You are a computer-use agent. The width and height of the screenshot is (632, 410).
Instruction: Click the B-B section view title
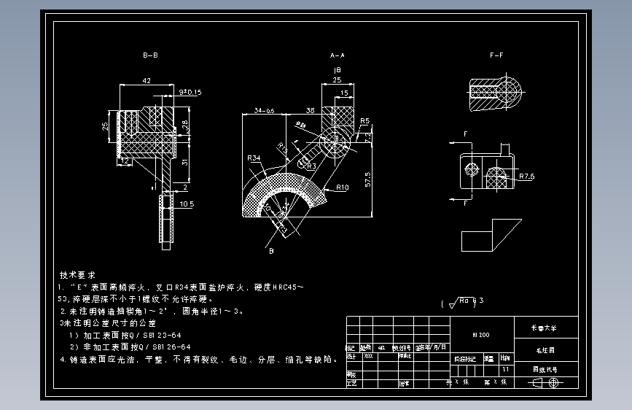(151, 55)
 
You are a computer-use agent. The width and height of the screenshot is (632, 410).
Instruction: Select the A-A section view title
(337, 55)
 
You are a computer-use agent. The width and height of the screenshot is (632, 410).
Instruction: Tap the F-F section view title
(497, 55)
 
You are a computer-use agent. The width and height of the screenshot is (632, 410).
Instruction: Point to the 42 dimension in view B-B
(147, 80)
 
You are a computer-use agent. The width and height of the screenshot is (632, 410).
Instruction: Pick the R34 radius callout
(254, 158)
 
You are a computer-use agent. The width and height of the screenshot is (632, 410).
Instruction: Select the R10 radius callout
(342, 187)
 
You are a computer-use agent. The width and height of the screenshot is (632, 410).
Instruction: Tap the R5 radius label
(364, 120)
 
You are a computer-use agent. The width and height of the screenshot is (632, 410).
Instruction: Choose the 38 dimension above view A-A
(310, 110)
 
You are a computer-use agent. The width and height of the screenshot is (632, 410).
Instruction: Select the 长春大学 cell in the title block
(547, 328)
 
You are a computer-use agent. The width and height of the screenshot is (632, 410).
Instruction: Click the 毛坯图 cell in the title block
(547, 349)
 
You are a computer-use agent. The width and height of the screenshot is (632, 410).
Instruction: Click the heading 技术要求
(77, 276)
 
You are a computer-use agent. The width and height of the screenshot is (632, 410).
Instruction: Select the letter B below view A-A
(270, 252)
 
